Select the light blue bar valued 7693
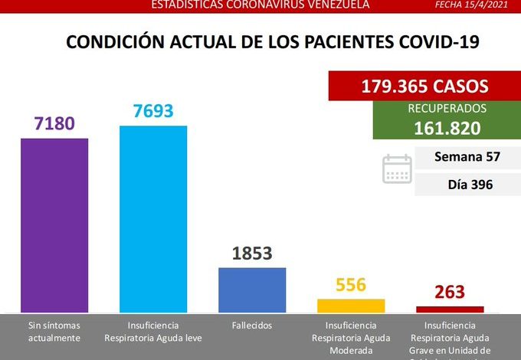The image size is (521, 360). [153, 218]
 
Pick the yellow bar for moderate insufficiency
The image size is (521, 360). [351, 305]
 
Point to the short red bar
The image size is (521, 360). [450, 309]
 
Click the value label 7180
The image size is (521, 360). [54, 123]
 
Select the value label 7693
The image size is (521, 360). [153, 111]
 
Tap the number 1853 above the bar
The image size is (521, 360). [252, 254]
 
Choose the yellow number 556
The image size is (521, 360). [351, 285]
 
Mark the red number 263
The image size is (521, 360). [450, 293]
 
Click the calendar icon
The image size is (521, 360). [397, 169]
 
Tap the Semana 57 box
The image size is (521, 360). [467, 157]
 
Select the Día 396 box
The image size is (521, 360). [467, 184]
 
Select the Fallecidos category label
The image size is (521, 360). [251, 325]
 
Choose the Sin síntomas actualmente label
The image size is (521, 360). [54, 331]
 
